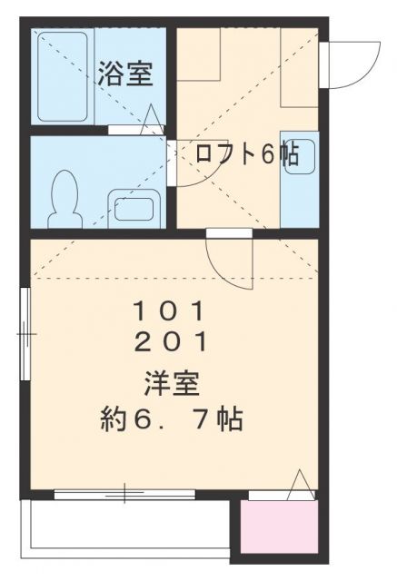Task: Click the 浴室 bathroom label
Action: coord(125,74)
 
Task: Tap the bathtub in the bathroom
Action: coord(63,76)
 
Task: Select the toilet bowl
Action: coord(65,199)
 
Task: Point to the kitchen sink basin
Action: coord(301,156)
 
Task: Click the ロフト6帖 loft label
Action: coord(247,153)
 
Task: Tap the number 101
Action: coord(169,311)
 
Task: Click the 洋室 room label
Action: coord(172,384)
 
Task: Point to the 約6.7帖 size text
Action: coord(172,419)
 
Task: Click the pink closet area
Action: coord(279,527)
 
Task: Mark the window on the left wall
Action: coord(25,334)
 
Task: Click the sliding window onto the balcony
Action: coord(124,494)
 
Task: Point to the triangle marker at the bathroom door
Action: coord(152,119)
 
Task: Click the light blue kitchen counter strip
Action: coord(300,179)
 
